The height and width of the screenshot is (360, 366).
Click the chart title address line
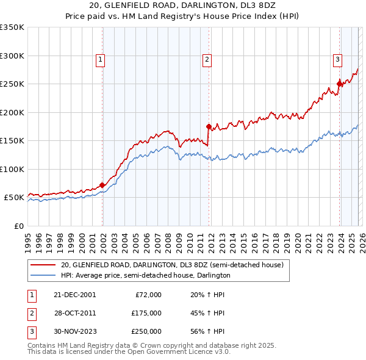click(182, 6)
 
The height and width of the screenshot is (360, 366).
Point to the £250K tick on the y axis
click(12, 84)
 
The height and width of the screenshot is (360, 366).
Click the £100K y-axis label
click(12, 169)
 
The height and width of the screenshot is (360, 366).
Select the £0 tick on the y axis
click(18, 226)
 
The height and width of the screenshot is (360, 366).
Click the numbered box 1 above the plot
click(100, 59)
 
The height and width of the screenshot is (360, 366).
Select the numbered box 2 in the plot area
click(207, 59)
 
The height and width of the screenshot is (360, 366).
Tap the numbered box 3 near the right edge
click(337, 59)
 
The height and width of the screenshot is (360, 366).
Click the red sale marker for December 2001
click(102, 185)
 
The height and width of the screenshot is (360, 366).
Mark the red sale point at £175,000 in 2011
click(209, 127)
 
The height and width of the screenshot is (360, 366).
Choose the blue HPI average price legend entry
click(145, 276)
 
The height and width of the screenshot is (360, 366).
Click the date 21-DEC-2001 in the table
click(75, 294)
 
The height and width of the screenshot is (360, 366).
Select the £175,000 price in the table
click(146, 312)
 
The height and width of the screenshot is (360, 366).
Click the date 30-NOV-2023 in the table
click(75, 331)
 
